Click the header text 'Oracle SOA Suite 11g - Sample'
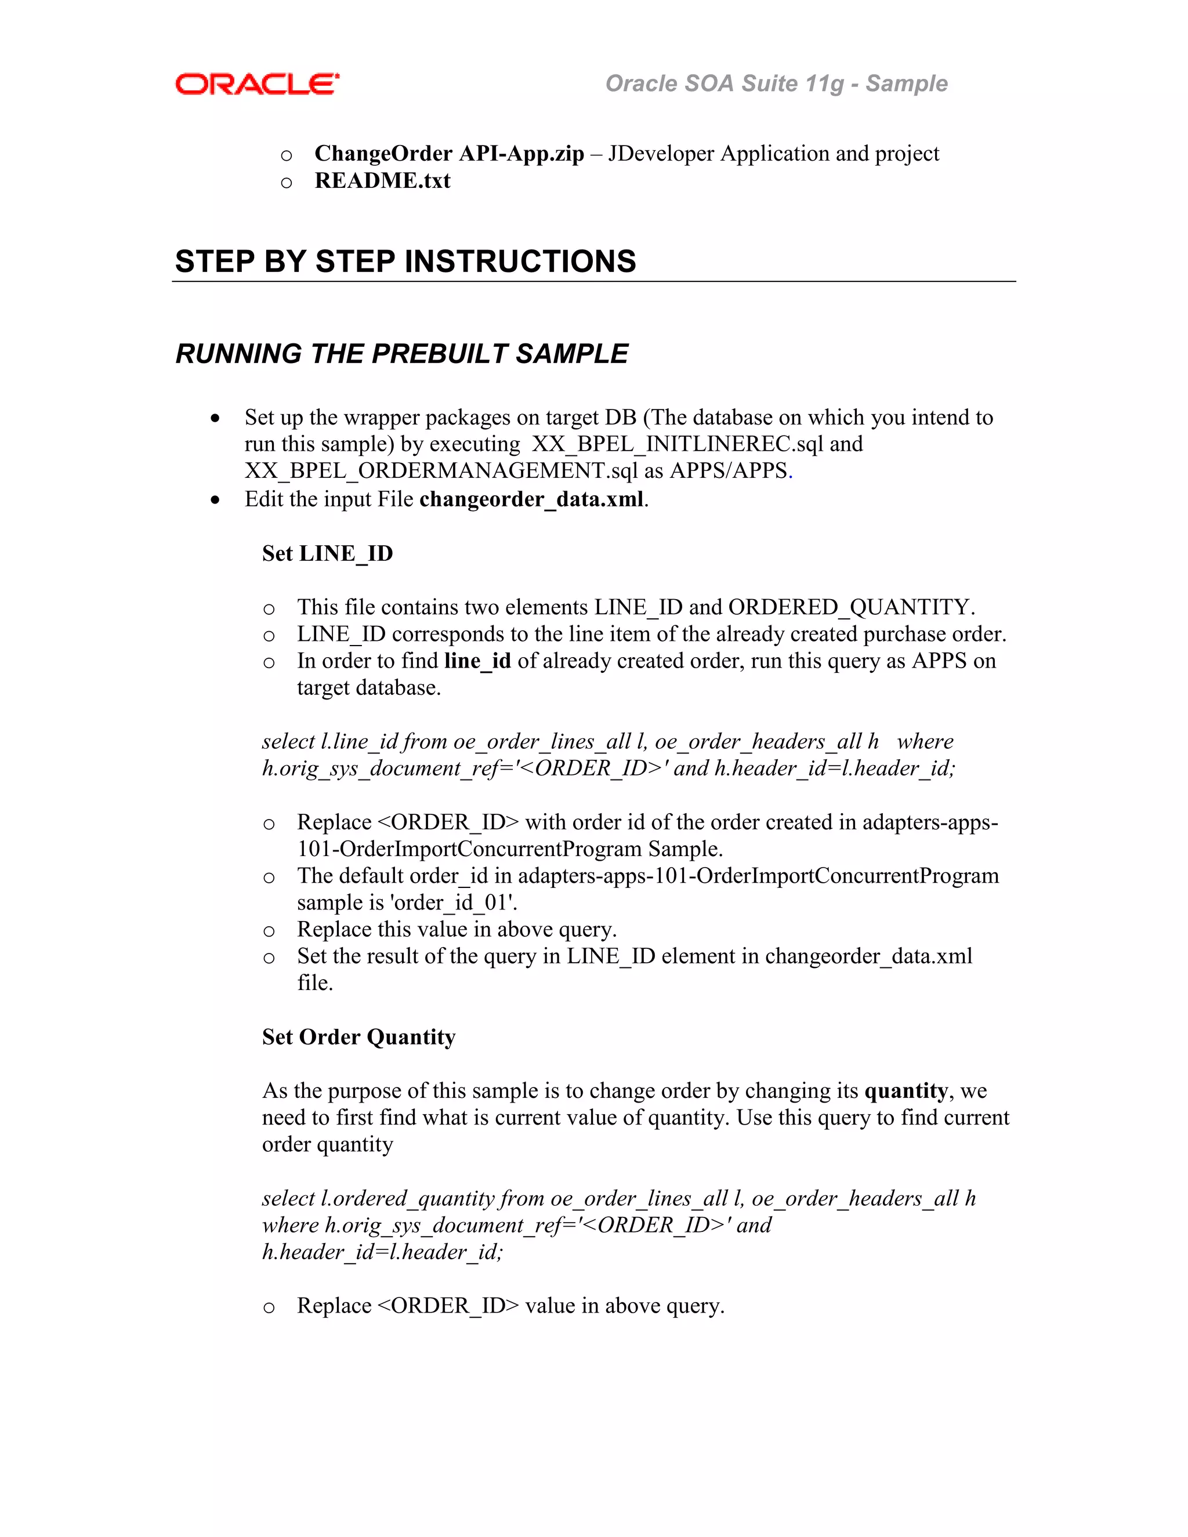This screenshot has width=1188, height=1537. pos(776,83)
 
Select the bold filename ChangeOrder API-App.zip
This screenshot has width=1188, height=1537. pos(449,154)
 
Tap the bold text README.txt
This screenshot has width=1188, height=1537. pos(382,181)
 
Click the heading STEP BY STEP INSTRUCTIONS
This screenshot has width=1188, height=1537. pos(405,261)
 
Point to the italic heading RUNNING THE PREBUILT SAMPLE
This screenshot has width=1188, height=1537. pos(401,353)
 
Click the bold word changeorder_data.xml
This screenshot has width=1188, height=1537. pos(531,499)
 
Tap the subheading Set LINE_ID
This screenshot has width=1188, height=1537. pos(327,553)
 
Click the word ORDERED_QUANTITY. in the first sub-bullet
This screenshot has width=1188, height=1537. pos(852,607)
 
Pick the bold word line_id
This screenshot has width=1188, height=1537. pos(477,661)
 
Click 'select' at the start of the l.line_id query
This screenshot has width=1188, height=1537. pos(288,741)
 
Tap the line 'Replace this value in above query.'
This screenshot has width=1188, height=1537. pos(457,929)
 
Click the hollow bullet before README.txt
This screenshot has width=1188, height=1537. pos(287,183)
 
